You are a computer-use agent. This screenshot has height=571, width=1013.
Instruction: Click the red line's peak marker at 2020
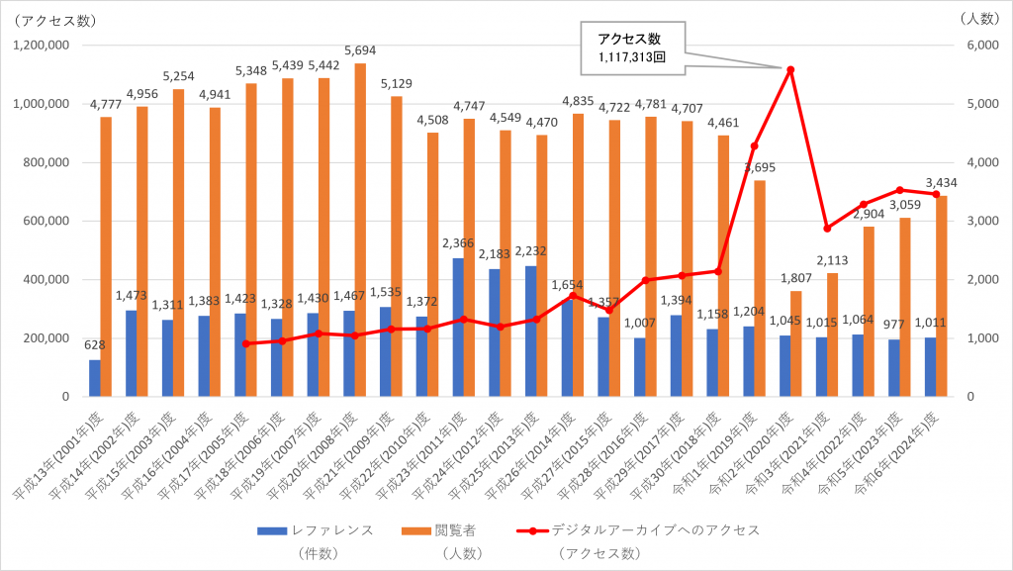790,69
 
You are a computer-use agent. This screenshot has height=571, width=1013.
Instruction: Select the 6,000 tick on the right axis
973,46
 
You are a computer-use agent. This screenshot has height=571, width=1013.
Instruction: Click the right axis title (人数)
981,18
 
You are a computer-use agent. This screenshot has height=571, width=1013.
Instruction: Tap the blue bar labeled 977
894,368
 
